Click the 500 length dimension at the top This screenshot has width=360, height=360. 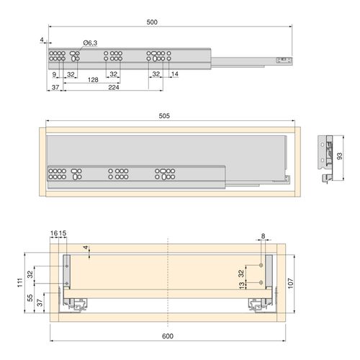tap(152, 22)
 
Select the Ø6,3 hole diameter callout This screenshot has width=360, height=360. tap(90, 43)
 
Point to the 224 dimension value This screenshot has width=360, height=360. tap(114, 89)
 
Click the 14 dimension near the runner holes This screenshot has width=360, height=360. tap(174, 74)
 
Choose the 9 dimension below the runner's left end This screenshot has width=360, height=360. tap(54, 74)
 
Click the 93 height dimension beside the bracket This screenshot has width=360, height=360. tap(341, 156)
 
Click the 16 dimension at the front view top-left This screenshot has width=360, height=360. tap(54, 234)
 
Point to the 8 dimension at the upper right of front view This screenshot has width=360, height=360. tap(264, 235)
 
